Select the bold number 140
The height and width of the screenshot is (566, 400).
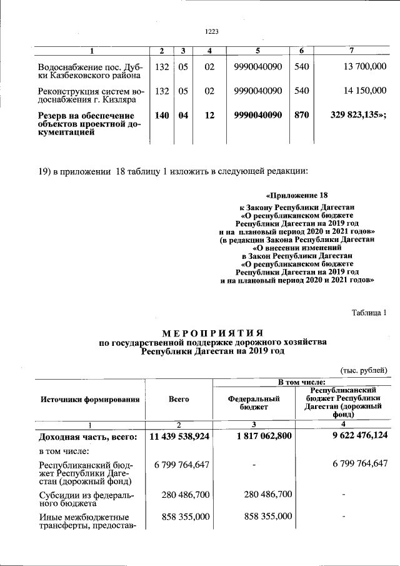coord(162,116)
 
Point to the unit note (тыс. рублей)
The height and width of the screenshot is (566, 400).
coord(364,370)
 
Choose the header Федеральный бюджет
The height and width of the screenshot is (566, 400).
coord(253,403)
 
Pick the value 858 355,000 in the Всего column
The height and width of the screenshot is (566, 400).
coord(186,517)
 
